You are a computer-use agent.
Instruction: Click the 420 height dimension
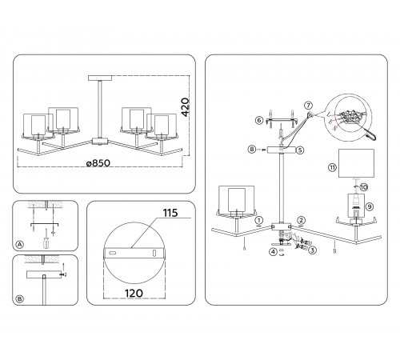[186, 107]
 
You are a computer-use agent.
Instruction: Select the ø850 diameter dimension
[98, 163]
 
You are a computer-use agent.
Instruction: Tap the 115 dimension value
[170, 213]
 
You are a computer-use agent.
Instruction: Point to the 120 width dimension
[134, 294]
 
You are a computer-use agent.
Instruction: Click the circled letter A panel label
[19, 245]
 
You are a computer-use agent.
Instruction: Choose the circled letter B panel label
[19, 299]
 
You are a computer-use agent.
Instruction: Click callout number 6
[259, 121]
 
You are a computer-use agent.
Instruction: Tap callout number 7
[308, 106]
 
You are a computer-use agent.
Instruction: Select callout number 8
[252, 150]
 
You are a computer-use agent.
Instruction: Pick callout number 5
[300, 150]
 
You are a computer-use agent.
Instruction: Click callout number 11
[332, 167]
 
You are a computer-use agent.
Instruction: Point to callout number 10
[364, 187]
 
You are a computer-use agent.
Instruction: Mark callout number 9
[370, 206]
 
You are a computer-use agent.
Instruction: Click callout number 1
[259, 220]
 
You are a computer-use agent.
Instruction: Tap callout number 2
[301, 220]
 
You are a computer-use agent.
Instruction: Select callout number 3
[312, 250]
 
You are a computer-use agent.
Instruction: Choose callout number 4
[273, 251]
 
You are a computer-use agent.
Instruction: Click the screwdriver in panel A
[46, 238]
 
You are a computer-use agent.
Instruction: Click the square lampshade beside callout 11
[356, 163]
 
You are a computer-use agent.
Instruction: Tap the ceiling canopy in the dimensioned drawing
[100, 78]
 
